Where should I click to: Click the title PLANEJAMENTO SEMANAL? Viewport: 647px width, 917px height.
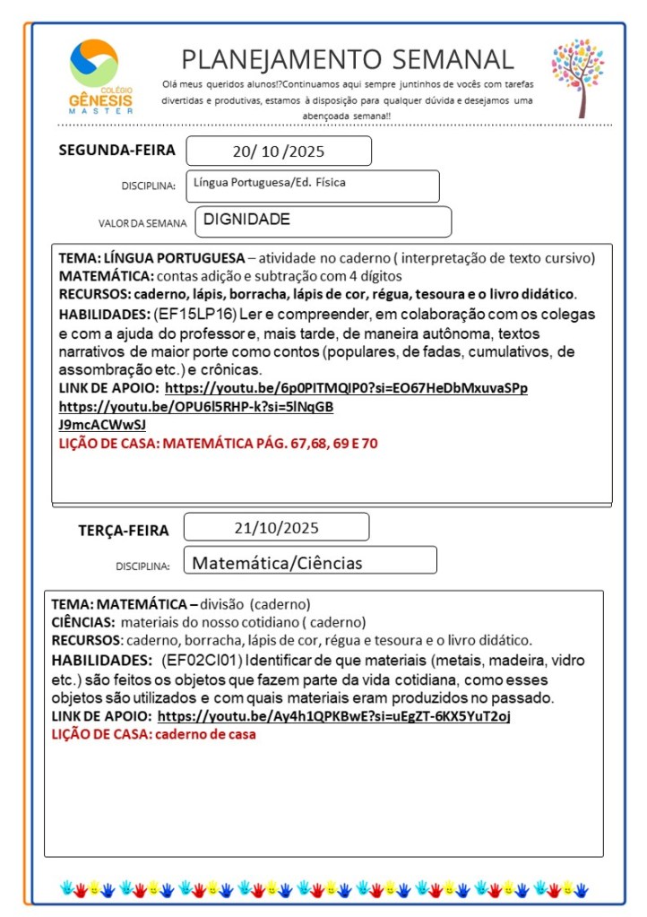point(348,59)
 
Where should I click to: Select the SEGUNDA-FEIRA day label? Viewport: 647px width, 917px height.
point(116,150)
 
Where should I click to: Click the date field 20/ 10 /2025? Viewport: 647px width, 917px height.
point(278,151)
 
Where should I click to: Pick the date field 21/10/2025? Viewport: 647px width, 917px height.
point(276,527)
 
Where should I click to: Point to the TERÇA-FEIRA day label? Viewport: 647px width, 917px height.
point(123,531)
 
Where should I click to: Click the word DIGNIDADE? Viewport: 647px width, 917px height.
point(246,219)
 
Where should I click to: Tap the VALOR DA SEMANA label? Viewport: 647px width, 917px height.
point(142,223)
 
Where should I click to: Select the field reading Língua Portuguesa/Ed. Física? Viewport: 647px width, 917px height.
point(269,183)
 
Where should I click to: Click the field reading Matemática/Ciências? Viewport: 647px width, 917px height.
point(278,563)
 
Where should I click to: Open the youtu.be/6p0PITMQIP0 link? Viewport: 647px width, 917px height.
point(346,388)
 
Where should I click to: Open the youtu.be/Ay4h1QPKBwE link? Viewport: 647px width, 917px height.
point(334,716)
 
